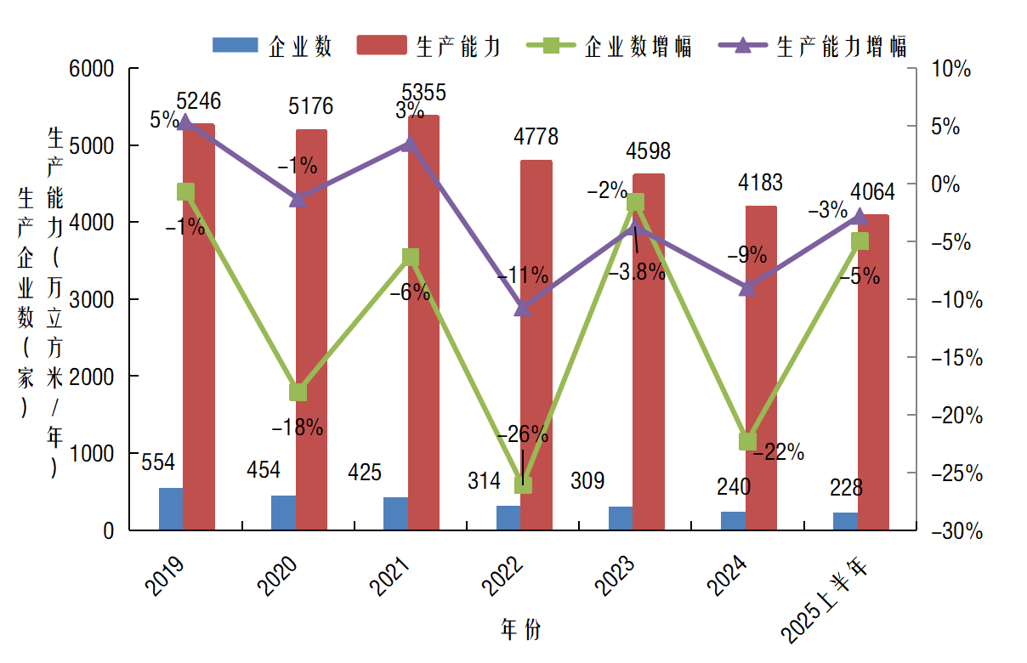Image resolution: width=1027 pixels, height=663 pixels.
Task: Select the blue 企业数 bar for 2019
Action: click(x=171, y=508)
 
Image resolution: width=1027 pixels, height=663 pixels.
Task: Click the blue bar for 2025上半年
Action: click(x=845, y=521)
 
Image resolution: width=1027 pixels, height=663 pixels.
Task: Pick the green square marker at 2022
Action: click(x=523, y=484)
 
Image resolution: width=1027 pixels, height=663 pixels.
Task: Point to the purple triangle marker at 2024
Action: click(x=747, y=288)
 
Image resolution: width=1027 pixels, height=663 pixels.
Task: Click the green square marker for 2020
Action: click(x=298, y=392)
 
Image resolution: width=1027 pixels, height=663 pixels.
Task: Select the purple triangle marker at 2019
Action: click(x=185, y=123)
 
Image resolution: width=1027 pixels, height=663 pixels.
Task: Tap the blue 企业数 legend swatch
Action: click(x=234, y=45)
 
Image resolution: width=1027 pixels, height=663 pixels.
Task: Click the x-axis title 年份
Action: click(x=520, y=630)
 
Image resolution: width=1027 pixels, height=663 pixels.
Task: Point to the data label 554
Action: click(x=158, y=462)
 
